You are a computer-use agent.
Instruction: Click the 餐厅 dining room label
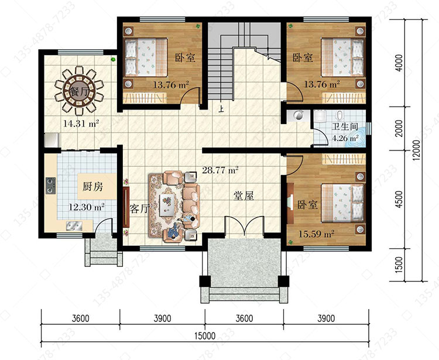78,91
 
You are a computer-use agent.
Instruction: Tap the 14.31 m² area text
81,124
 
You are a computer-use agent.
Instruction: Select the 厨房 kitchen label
92,186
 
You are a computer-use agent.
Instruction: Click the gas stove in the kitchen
51,186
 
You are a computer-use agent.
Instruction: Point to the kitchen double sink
74,225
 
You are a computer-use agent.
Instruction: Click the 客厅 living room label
139,208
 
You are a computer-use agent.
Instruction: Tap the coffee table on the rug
167,205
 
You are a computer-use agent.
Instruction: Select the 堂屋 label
244,196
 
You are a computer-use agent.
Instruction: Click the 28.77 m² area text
220,170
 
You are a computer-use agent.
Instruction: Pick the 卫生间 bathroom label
345,126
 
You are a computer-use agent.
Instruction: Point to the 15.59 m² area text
316,234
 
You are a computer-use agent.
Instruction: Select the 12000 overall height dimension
416,150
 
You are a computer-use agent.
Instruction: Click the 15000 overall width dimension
205,335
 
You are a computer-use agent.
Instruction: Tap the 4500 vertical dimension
399,199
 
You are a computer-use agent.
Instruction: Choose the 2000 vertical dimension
399,128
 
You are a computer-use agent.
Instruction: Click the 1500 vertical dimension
399,265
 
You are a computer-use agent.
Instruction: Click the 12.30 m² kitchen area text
87,207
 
